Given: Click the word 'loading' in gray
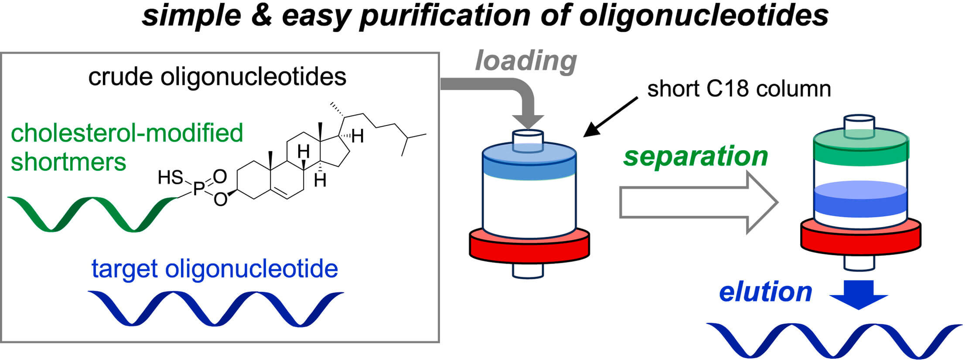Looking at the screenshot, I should (526, 61).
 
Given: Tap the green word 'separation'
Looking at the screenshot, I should (695, 156).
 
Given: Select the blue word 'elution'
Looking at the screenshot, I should (765, 292).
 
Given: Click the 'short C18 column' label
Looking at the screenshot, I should (739, 89).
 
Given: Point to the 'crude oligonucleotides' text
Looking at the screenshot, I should (217, 77).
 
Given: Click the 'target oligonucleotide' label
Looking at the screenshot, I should (215, 269).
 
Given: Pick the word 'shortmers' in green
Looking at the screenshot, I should (68, 162).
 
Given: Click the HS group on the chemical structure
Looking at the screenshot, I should (170, 178).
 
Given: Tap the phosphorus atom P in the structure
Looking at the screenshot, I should (199, 188).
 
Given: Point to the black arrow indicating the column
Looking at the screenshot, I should (610, 117).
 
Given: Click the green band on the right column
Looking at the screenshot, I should (861, 150).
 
